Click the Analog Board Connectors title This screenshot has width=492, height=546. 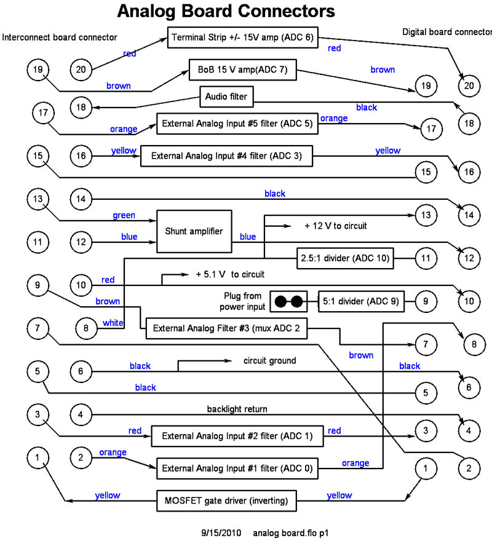pos(226,11)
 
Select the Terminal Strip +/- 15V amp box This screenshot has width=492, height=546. pos(242,38)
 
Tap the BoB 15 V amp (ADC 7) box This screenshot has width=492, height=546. pos(242,71)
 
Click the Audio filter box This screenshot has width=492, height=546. pos(226,96)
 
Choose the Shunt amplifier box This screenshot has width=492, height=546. pos(194,231)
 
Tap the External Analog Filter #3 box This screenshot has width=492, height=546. pos(226,328)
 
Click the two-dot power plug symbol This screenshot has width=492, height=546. pos(289,302)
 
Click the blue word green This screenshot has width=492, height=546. pos(124,216)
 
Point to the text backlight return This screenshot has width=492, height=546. pos(237,409)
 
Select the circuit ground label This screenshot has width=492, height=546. pos(269,361)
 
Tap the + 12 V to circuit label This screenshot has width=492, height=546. pos(335,226)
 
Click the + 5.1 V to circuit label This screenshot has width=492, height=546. pos(230,274)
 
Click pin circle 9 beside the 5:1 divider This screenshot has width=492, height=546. pos(426,302)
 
